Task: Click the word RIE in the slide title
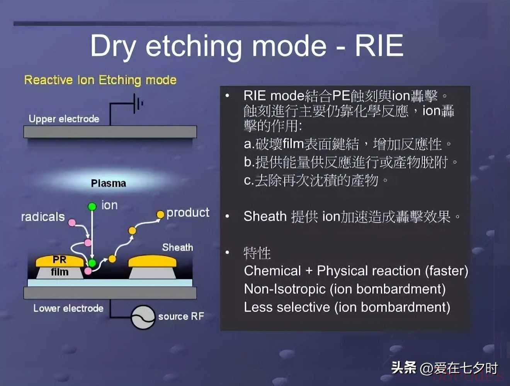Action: [x=379, y=46]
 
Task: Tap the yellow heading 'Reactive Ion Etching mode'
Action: [x=100, y=80]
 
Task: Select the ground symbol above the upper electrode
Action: [x=138, y=103]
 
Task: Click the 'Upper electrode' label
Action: [x=64, y=119]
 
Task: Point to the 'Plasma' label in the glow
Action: [x=109, y=183]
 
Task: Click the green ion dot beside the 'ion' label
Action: [x=92, y=206]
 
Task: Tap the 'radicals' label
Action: [x=43, y=217]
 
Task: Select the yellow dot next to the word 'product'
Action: [x=160, y=215]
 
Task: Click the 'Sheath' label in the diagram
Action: [x=177, y=247]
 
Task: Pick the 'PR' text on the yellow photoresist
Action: [x=59, y=259]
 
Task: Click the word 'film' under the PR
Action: [x=60, y=272]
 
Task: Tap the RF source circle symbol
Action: [x=143, y=317]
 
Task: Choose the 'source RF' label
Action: [x=181, y=316]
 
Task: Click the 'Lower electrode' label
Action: [x=68, y=308]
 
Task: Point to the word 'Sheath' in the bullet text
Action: [x=265, y=216]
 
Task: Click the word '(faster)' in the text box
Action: [x=447, y=271]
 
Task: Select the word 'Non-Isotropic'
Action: [x=285, y=289]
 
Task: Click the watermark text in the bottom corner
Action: [x=444, y=368]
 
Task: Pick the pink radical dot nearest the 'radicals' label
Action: [x=72, y=222]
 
